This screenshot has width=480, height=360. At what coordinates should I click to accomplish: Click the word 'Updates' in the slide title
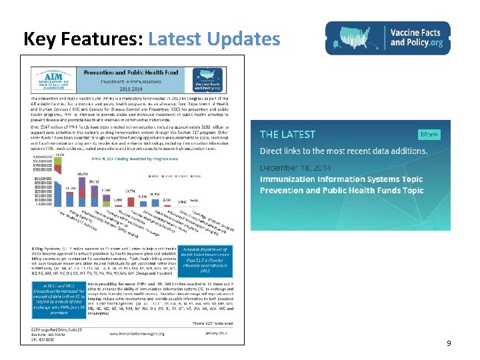point(243,39)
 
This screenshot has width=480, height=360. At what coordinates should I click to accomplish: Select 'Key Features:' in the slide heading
point(80,39)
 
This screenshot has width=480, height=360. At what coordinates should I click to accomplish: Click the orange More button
point(428,134)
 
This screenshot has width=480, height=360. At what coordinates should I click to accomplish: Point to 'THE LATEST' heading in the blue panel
point(287,135)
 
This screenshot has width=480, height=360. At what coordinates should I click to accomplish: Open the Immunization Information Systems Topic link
point(341,179)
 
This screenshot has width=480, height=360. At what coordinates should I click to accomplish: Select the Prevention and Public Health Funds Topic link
point(341,191)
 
